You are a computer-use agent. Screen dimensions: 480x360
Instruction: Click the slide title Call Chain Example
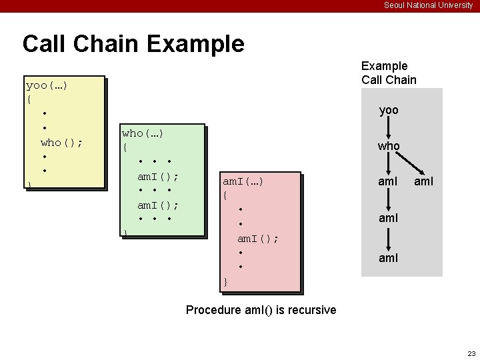click(x=133, y=44)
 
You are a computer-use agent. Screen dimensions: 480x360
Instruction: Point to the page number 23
click(x=471, y=353)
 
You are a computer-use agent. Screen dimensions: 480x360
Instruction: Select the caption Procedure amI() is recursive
click(x=261, y=310)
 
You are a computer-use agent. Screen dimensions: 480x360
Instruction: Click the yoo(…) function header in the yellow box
click(x=47, y=86)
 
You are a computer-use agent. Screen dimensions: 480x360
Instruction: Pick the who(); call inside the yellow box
click(x=61, y=142)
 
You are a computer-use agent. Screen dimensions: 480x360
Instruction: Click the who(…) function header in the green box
click(x=143, y=133)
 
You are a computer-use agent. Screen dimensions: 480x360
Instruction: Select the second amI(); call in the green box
click(x=157, y=205)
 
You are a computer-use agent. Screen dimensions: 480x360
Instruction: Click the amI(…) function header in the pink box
click(x=243, y=181)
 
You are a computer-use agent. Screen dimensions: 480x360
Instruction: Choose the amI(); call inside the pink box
click(x=258, y=238)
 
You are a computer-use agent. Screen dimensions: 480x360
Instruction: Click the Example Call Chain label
click(x=389, y=73)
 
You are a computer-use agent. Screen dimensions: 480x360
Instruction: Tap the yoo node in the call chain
click(x=389, y=110)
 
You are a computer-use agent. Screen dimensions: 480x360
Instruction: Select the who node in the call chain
click(x=389, y=145)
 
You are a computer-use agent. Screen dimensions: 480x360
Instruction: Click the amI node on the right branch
click(x=423, y=181)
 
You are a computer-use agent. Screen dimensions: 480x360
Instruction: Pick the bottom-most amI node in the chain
click(x=389, y=257)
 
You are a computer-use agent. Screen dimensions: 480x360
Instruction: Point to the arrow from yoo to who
click(x=389, y=127)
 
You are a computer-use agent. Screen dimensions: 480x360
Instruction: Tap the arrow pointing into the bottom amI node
click(x=389, y=237)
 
